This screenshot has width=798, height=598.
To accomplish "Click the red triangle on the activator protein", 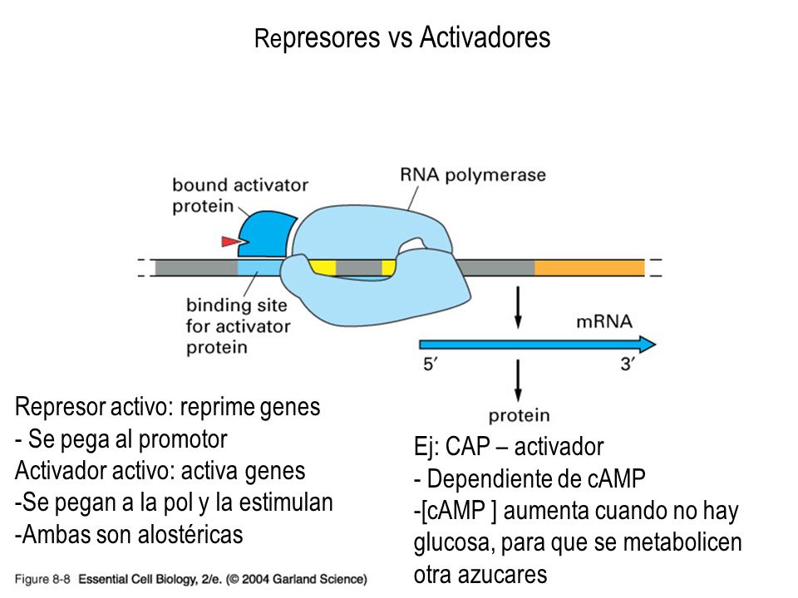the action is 230,241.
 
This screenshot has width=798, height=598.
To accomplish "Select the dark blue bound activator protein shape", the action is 264,235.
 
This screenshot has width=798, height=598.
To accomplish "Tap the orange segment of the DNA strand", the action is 589,267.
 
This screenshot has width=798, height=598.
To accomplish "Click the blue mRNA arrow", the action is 537,345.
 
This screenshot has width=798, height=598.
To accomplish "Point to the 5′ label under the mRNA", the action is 430,364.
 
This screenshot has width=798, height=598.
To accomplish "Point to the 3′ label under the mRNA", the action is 627,364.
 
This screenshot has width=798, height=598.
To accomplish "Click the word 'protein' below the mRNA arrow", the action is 519,416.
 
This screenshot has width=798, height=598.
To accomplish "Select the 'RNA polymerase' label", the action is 473,175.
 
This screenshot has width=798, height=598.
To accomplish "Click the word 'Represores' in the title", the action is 317,38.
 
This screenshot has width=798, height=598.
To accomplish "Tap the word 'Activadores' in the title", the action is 485,37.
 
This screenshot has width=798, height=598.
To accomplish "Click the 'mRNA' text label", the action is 604,321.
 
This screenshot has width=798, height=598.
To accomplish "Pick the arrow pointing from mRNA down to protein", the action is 518,380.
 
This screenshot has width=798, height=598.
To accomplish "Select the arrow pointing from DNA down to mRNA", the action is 518,307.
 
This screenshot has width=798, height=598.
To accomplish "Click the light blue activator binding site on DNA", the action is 259,267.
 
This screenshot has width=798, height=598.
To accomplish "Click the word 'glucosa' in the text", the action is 452,543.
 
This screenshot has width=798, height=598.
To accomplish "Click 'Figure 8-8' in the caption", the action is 42,579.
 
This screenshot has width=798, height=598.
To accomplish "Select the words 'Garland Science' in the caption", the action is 318,579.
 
